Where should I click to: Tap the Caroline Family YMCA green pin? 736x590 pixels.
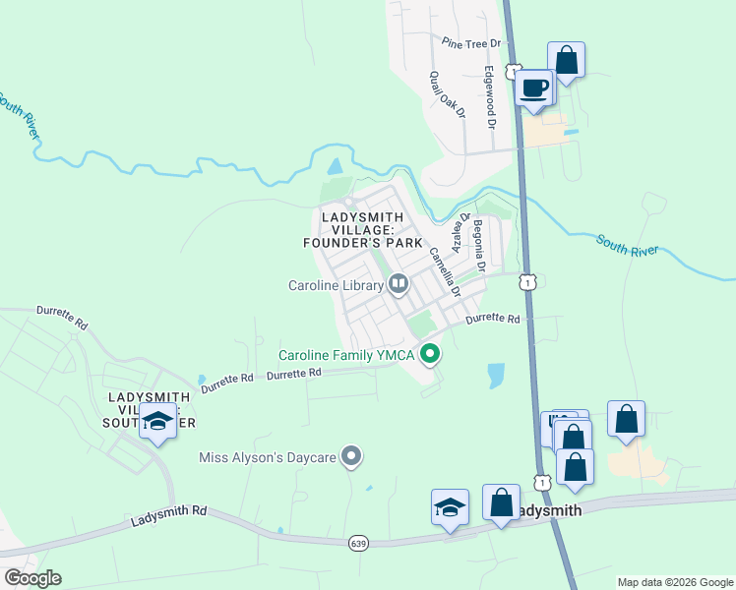click(430, 352)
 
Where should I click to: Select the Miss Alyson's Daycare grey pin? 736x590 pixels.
click(351, 456)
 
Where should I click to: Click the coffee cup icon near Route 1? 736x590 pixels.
click(534, 88)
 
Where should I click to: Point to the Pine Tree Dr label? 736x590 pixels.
click(471, 43)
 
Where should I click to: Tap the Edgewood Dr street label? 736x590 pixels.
click(488, 96)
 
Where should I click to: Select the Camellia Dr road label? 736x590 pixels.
click(443, 269)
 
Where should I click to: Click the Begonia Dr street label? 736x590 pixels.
click(479, 248)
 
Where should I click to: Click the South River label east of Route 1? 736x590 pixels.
click(626, 245)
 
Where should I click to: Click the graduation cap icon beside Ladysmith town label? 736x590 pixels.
click(450, 507)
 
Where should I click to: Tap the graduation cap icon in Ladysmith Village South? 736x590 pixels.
click(157, 421)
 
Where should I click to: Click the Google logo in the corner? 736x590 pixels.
click(32, 577)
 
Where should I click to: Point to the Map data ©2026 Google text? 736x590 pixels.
click(675, 582)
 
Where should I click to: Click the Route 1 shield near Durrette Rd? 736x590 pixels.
click(529, 282)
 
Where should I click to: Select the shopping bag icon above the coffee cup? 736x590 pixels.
click(566, 59)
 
